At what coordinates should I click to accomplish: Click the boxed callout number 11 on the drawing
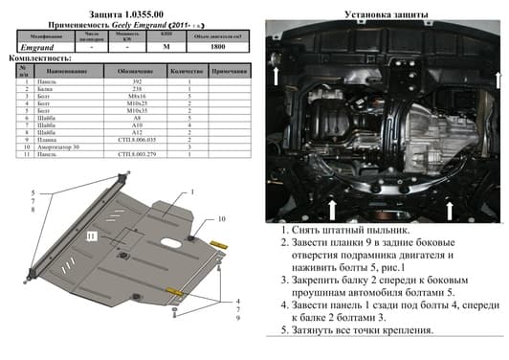point(90,236)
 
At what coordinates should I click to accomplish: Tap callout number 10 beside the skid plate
point(220,219)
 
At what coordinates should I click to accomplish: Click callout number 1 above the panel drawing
point(192,192)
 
